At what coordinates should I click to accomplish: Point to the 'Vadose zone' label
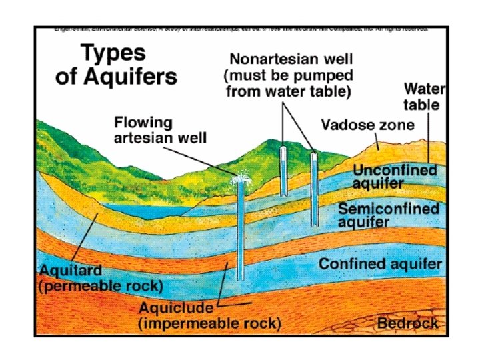tap(367, 125)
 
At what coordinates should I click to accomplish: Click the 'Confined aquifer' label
tap(380, 265)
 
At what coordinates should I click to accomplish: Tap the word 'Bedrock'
tap(407, 323)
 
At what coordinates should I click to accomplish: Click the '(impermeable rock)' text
tap(209, 324)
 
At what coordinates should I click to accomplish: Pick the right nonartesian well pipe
tap(314, 190)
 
